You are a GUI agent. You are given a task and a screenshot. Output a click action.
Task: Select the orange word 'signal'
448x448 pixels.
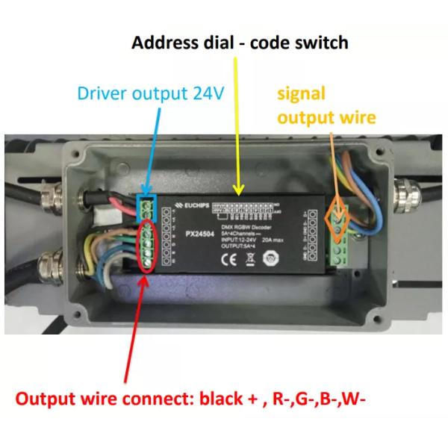(x=302, y=94)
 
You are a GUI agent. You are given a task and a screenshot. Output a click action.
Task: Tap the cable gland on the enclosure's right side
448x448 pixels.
(x=396, y=200)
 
